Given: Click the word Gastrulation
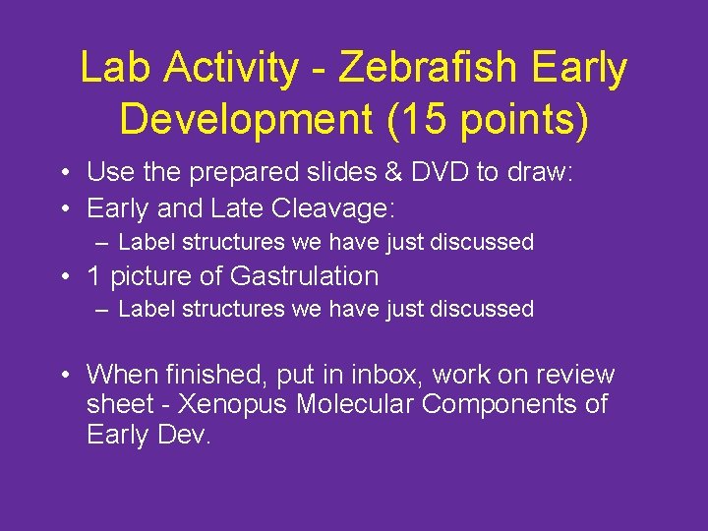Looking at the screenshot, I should pos(304,276).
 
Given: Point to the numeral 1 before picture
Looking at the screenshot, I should pos(94,276).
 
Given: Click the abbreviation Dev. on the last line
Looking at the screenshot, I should pos(181,434).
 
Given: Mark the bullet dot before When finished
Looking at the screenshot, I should pos(63,376).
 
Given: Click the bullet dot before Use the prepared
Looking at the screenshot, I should pos(63,174).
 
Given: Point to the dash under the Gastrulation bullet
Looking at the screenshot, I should pos(103,310).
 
